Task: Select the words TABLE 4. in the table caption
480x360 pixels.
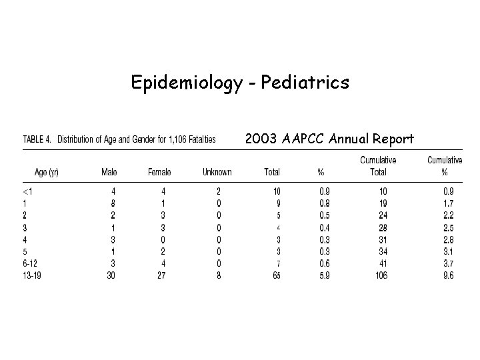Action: pyautogui.click(x=38, y=139)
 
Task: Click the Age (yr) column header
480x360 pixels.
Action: pyautogui.click(x=47, y=172)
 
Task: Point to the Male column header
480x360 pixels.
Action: pyautogui.click(x=109, y=172)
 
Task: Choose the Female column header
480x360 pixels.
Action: pyautogui.click(x=159, y=172)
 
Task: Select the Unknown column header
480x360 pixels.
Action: pyautogui.click(x=217, y=172)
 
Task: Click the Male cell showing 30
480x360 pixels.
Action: pyautogui.click(x=111, y=275)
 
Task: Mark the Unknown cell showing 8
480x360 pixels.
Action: pyautogui.click(x=219, y=275)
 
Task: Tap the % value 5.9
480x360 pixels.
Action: pyautogui.click(x=324, y=275)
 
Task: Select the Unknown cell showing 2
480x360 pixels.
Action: pyautogui.click(x=219, y=191)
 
